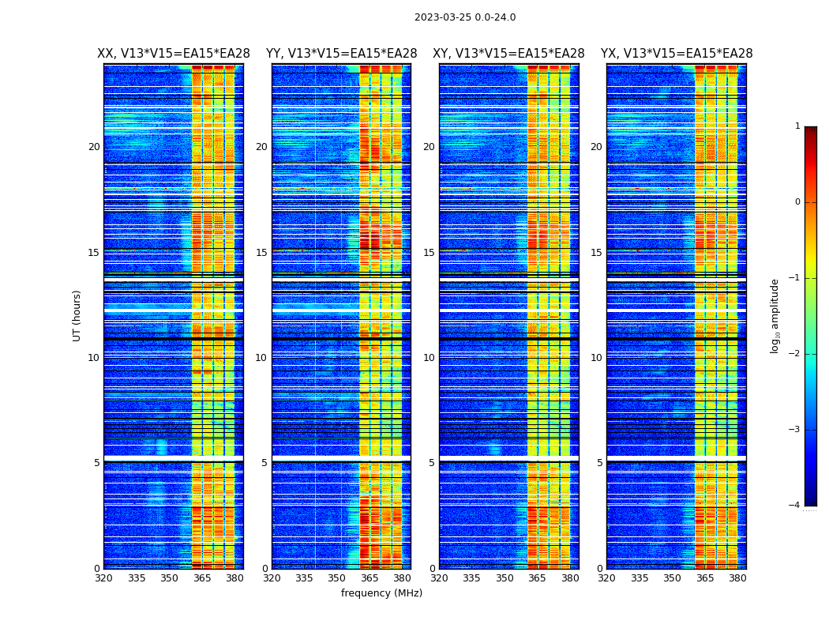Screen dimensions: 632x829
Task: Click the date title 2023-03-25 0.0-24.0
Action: [x=465, y=17]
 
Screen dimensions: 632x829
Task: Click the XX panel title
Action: [x=174, y=54]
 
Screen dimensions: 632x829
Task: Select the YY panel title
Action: [x=341, y=54]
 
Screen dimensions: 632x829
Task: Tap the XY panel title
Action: [x=508, y=54]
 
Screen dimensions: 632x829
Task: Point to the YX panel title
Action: [x=677, y=54]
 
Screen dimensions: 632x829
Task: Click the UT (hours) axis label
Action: [x=77, y=315]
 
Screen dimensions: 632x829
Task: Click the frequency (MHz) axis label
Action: [x=381, y=593]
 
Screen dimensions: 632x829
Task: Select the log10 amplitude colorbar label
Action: [x=775, y=315]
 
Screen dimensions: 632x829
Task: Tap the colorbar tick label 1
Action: [x=797, y=126]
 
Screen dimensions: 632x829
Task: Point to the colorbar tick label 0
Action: [x=797, y=202]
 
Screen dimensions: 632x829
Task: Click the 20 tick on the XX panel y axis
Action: [x=94, y=147]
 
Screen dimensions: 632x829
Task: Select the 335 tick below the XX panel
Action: [x=137, y=578]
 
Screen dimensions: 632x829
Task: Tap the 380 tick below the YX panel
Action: [x=737, y=578]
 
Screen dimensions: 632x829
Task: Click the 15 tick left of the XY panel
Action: [x=429, y=253]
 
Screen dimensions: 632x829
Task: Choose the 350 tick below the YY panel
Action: [x=337, y=578]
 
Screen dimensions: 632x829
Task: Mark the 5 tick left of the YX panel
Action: [x=599, y=463]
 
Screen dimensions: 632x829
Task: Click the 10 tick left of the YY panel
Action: [x=261, y=358]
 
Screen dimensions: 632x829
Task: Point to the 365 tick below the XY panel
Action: [x=537, y=578]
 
